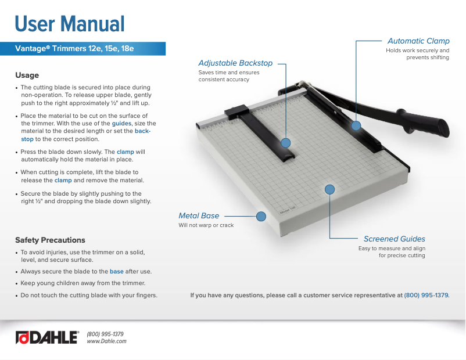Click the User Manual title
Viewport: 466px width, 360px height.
point(70,24)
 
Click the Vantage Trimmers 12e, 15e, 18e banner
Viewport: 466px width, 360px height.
point(74,49)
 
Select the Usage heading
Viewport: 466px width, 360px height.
point(27,75)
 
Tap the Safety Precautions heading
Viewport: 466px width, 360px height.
point(50,240)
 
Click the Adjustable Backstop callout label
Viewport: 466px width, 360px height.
point(235,63)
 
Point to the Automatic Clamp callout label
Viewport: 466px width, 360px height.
point(418,41)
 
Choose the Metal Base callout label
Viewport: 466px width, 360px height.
point(199,216)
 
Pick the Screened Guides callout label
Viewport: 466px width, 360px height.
point(394,239)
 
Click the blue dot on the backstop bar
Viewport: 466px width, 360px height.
point(285,142)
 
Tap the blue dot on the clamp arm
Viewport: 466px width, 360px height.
point(356,125)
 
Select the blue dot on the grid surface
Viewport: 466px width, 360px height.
point(329,189)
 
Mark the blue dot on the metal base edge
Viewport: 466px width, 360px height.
point(261,216)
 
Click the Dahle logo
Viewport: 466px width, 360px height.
point(46,337)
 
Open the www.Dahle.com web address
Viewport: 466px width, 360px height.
point(106,341)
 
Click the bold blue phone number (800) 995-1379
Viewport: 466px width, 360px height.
point(426,295)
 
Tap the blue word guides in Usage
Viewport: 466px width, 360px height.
point(121,124)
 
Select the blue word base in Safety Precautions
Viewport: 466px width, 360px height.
point(116,271)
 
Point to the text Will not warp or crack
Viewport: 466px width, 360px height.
point(206,225)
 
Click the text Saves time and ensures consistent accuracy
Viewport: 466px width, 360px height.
point(229,76)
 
